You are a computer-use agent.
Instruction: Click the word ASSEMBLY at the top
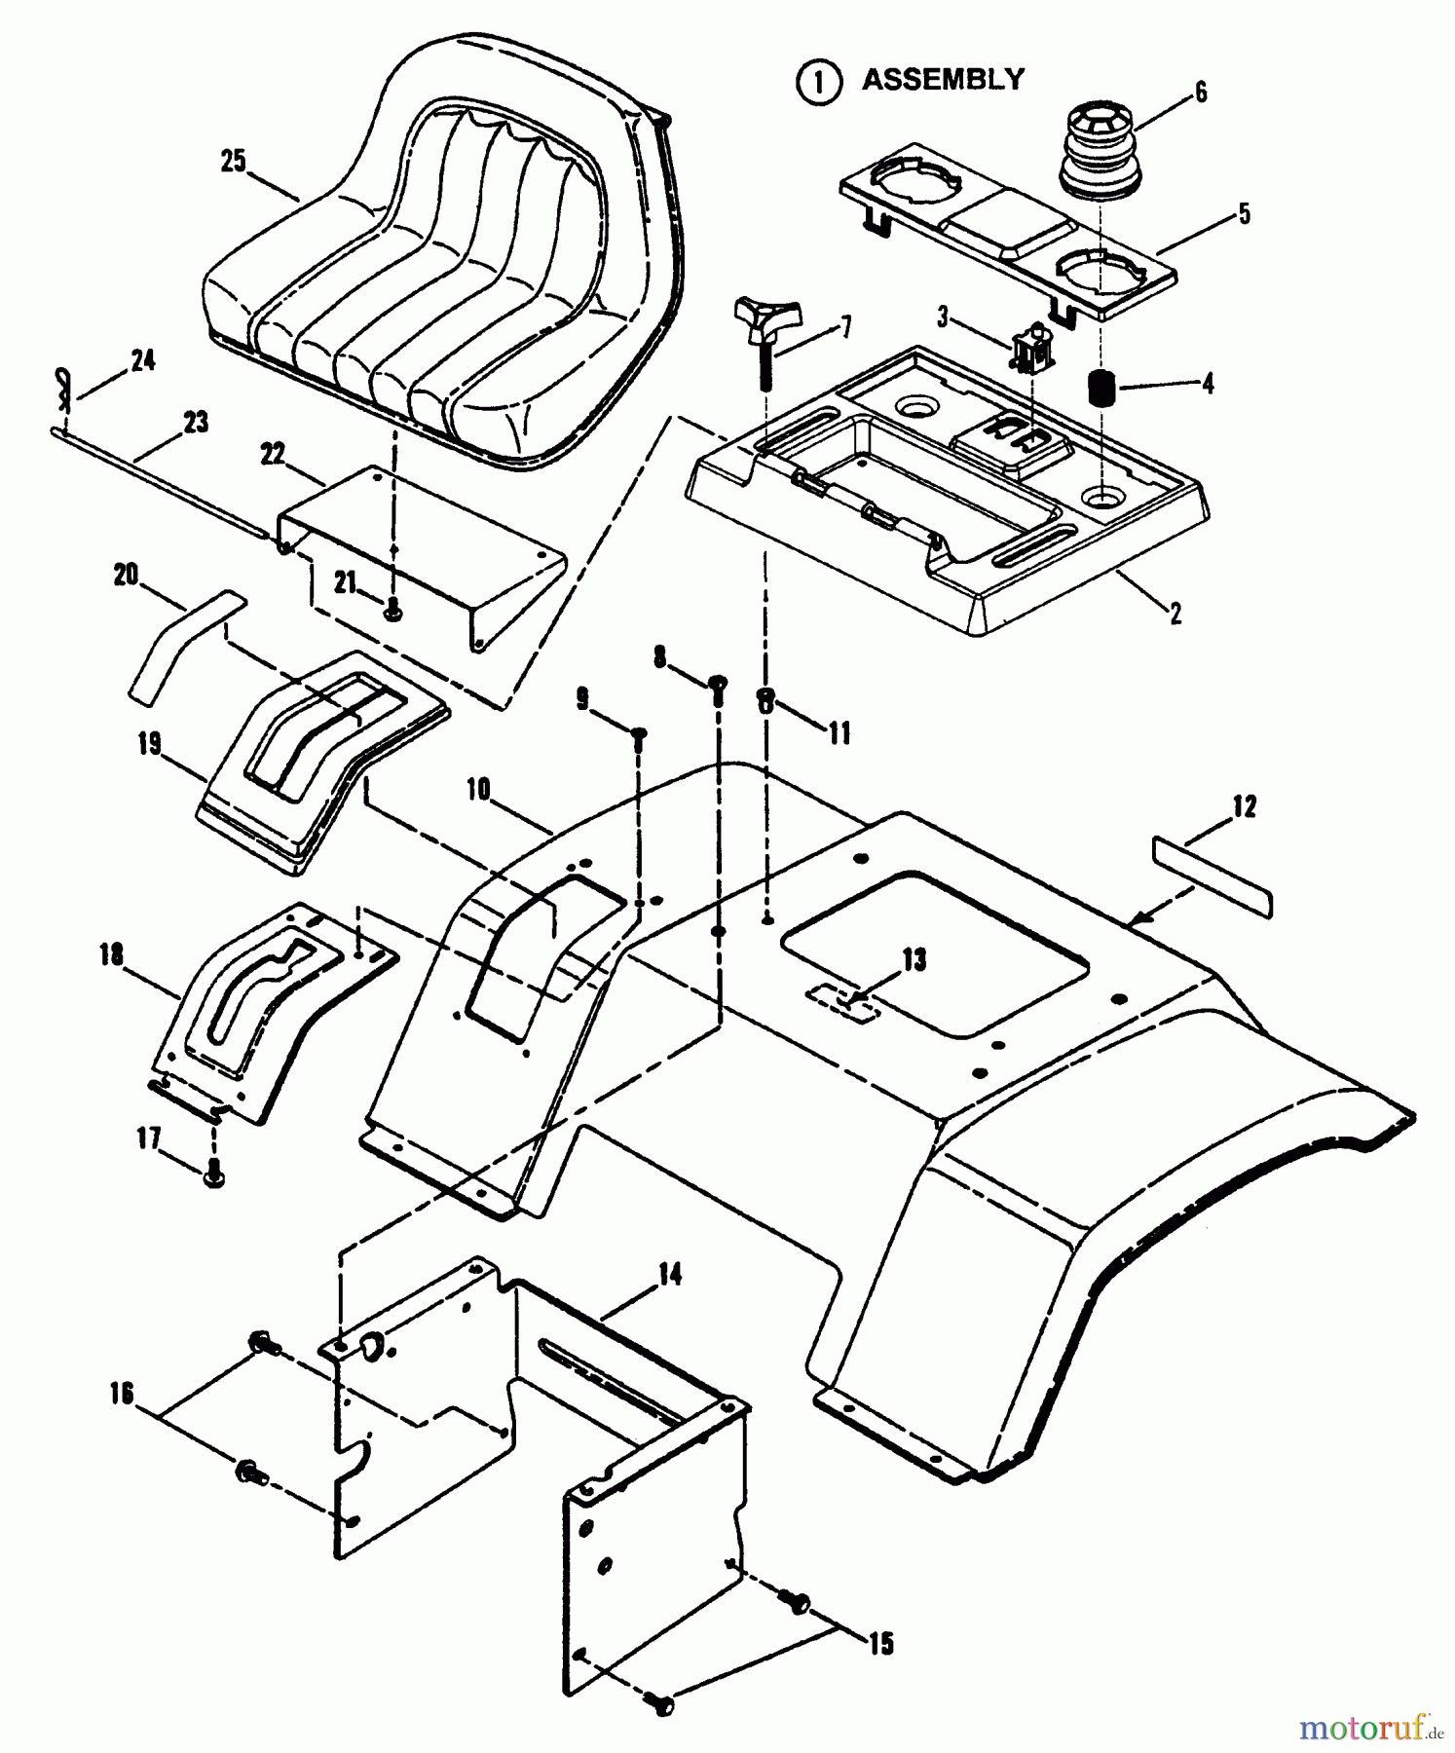[x=943, y=80]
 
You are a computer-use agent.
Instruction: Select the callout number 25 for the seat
[x=234, y=161]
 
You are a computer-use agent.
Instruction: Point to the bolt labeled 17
[x=214, y=1176]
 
